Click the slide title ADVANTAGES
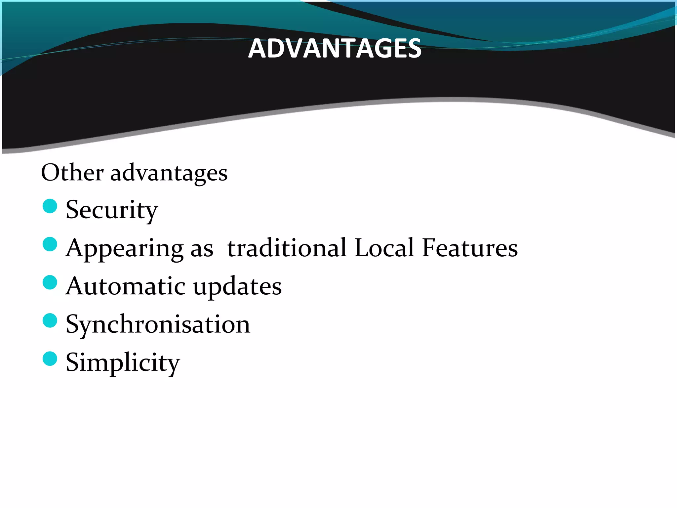[x=335, y=49]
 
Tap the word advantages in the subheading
[x=169, y=173]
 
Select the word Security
[x=112, y=210]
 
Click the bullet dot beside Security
[x=50, y=206]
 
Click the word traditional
[x=287, y=248]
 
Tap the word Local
[x=384, y=248]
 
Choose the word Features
[x=470, y=248]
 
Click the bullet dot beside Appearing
[x=50, y=244]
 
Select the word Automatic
[x=126, y=286]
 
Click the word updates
[x=237, y=286]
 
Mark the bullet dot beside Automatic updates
[x=50, y=282]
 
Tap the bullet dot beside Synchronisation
[x=50, y=320]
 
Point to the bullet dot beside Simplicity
[x=50, y=359]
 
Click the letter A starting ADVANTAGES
[x=257, y=49]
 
